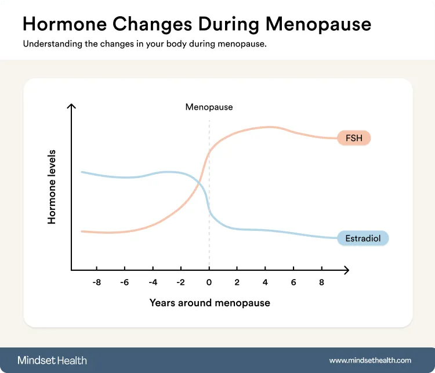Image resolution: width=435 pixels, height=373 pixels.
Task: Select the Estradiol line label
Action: [362, 238]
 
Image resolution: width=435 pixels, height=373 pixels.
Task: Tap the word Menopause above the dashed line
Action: [209, 107]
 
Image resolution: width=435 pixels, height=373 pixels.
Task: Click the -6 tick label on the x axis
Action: [124, 283]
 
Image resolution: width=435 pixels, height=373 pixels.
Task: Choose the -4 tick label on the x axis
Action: [153, 283]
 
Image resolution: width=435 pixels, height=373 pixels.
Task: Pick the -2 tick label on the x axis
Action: [180, 283]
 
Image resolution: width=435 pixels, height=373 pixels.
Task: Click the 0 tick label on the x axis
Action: [209, 283]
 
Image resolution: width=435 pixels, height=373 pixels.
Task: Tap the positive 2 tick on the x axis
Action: [237, 283]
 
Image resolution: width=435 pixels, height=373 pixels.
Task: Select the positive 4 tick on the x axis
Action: [265, 283]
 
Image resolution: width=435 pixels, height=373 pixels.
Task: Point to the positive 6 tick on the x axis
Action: [293, 283]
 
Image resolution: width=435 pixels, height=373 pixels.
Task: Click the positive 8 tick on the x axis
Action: [321, 283]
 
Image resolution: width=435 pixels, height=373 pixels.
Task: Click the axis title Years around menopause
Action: [209, 303]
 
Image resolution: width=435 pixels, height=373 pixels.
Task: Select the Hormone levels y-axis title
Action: [52, 188]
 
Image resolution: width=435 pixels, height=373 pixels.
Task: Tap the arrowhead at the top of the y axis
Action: [71, 107]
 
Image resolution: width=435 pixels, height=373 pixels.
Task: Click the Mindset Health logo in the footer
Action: [52, 360]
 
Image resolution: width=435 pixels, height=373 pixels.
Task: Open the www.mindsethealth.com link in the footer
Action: [370, 360]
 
